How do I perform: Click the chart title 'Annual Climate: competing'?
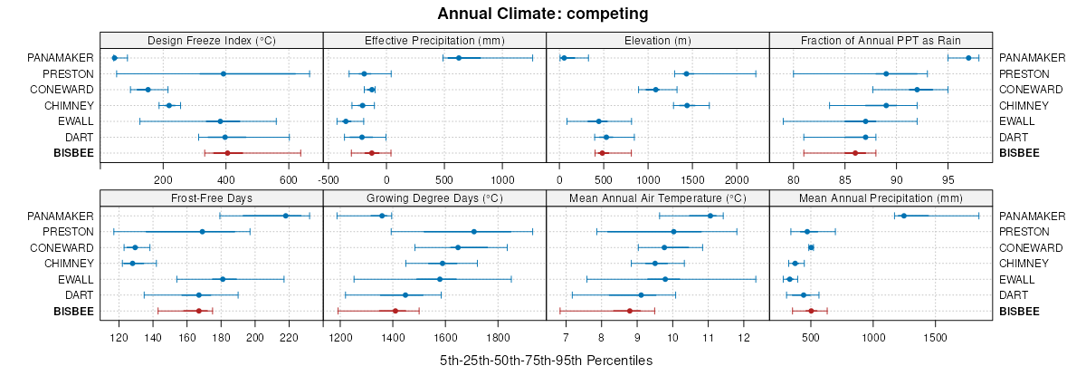[542, 14]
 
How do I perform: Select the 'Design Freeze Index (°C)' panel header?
[211, 40]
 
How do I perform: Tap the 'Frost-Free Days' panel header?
[211, 197]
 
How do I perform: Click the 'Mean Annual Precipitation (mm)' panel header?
[881, 197]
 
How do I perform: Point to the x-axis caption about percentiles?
[546, 360]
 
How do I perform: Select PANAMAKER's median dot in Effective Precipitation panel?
[459, 58]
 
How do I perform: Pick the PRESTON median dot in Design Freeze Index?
[223, 73]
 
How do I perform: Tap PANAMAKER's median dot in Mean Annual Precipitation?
[903, 216]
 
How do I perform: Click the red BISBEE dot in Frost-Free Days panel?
[198, 311]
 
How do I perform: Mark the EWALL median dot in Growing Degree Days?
[440, 279]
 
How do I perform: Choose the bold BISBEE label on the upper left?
[74, 153]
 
